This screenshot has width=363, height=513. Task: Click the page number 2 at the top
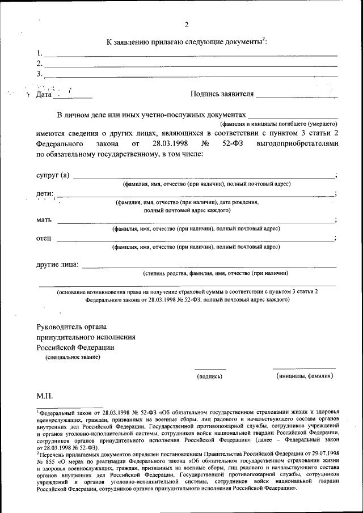click(185, 24)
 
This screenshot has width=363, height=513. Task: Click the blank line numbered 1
click(191, 55)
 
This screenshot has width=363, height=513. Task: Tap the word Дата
click(44, 95)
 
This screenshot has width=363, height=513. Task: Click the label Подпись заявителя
click(222, 95)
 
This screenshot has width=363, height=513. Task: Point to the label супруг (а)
click(53, 175)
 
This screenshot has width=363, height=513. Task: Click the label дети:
click(46, 194)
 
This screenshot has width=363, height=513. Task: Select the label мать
click(44, 219)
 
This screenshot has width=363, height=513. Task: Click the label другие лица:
click(58, 264)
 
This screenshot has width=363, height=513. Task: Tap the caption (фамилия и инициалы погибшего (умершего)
click(279, 123)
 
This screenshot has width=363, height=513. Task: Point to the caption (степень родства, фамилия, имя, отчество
click(212, 273)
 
